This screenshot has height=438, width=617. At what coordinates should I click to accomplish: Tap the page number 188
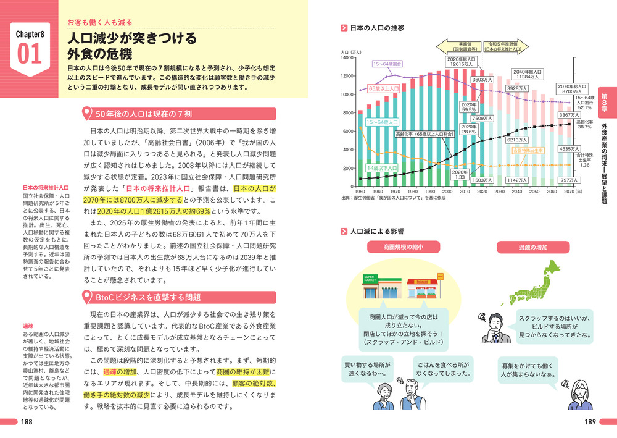tap(27, 422)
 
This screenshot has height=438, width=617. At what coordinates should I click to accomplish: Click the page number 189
tap(589, 422)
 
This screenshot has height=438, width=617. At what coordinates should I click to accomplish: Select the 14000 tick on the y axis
tap(347, 57)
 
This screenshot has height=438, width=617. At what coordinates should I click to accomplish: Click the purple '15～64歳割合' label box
tap(387, 64)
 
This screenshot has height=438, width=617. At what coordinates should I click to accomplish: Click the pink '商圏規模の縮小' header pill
tap(404, 247)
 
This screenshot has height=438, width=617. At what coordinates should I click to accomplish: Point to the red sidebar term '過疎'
tap(27, 326)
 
